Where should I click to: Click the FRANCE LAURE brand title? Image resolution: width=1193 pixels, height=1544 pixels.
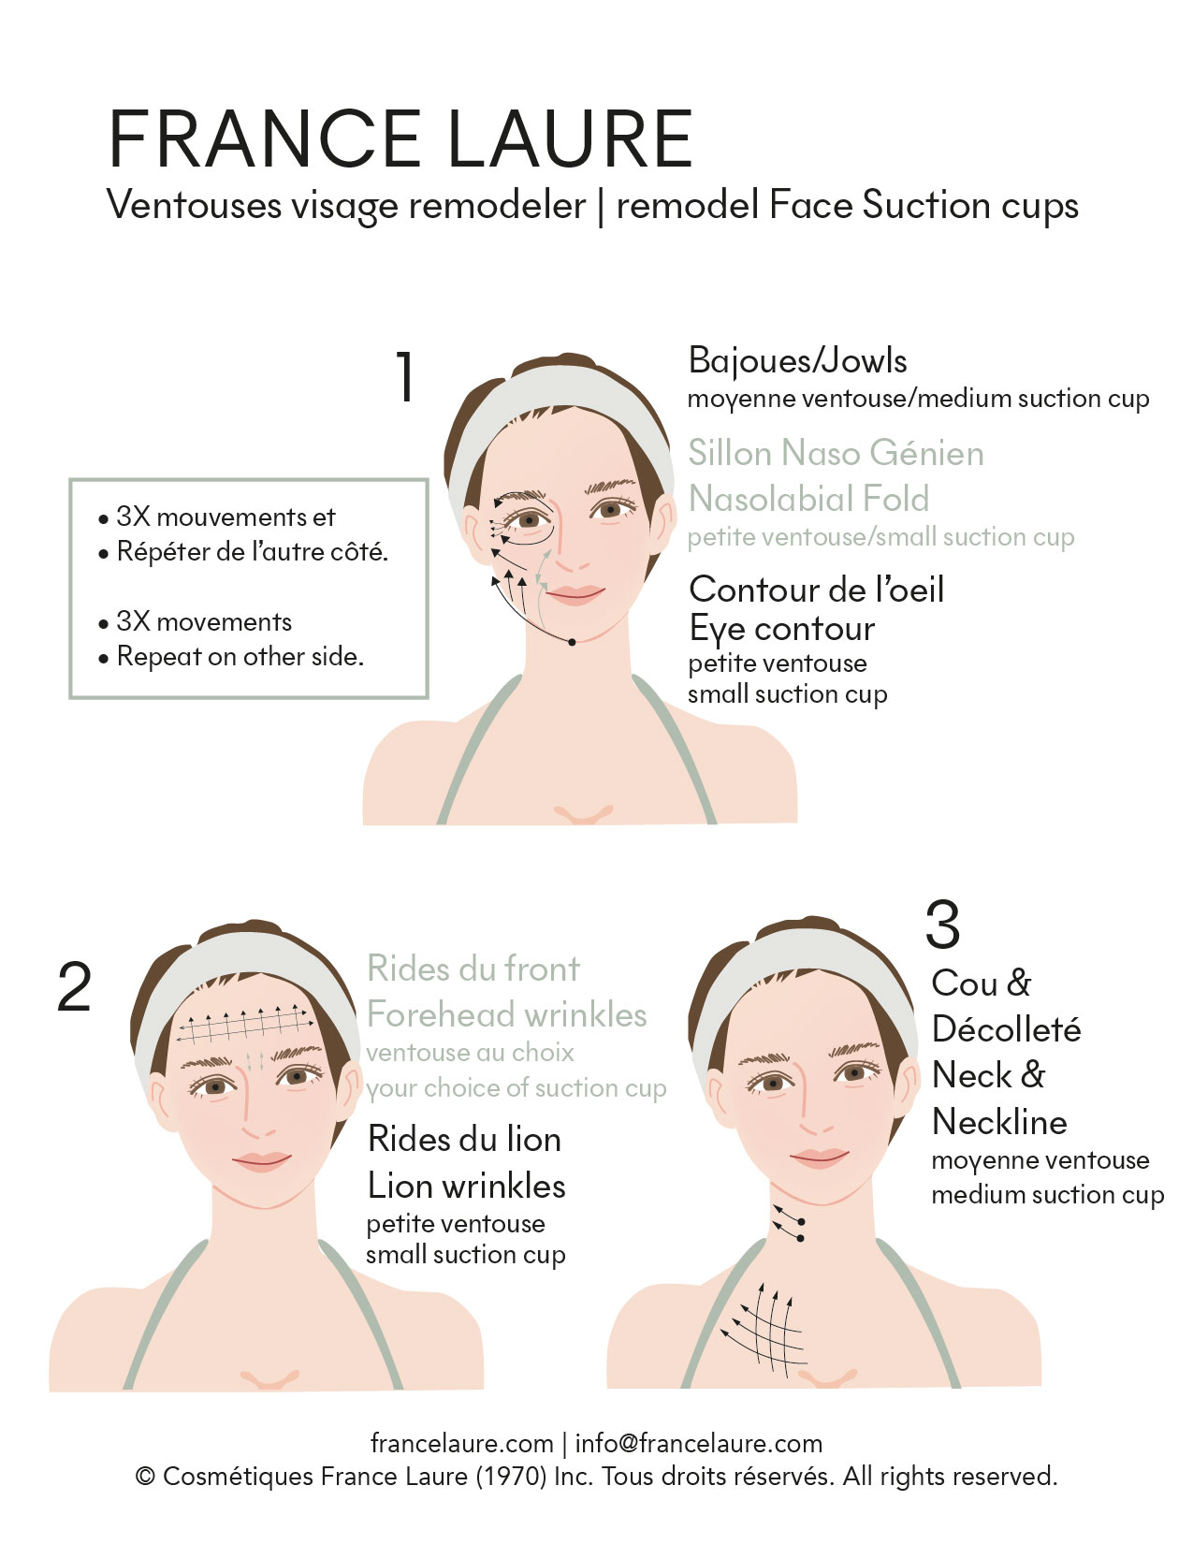pyautogui.click(x=400, y=139)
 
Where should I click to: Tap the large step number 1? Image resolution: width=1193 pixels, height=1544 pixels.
pyautogui.click(x=405, y=376)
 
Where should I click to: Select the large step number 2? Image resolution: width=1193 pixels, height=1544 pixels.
pyautogui.click(x=74, y=986)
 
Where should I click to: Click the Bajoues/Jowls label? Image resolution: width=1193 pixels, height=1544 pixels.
pyautogui.click(x=797, y=360)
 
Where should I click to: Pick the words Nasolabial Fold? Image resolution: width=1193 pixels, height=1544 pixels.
pyautogui.click(x=808, y=499)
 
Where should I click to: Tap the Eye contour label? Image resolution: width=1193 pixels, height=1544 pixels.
pyautogui.click(x=781, y=630)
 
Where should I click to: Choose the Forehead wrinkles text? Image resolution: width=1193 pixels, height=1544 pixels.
pyautogui.click(x=506, y=1014)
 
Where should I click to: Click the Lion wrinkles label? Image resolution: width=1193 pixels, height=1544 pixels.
pyautogui.click(x=466, y=1186)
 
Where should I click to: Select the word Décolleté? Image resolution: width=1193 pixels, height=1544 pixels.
pyautogui.click(x=1006, y=1028)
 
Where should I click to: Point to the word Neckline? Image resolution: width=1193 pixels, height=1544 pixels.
pyautogui.click(x=999, y=1123)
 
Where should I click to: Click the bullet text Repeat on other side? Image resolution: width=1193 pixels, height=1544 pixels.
pyautogui.click(x=240, y=657)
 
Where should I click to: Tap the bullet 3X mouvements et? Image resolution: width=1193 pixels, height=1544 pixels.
pyautogui.click(x=226, y=517)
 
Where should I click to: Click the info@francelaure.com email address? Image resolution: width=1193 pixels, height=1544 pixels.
pyautogui.click(x=698, y=1443)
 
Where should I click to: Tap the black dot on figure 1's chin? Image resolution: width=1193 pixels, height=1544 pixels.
pyautogui.click(x=572, y=642)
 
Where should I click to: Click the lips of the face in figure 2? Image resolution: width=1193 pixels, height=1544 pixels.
pyautogui.click(x=261, y=1161)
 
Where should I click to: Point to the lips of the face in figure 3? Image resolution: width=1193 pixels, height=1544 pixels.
pyautogui.click(x=820, y=1158)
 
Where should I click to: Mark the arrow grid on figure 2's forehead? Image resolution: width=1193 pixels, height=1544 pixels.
pyautogui.click(x=246, y=1023)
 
